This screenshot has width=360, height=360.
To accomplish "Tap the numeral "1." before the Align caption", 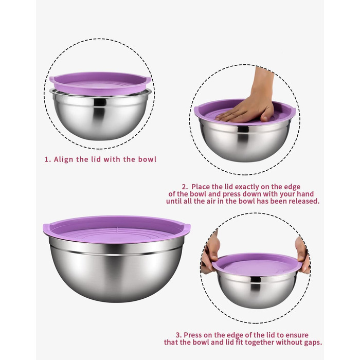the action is pyautogui.click(x=47, y=159).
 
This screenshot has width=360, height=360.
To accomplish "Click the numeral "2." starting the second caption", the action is pyautogui.click(x=185, y=187).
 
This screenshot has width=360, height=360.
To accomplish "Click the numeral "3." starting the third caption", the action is pyautogui.click(x=178, y=335).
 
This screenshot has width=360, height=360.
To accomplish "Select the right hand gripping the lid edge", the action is pyautogui.click(x=303, y=255).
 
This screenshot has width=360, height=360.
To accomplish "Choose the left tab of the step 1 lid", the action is pyautogui.click(x=52, y=80).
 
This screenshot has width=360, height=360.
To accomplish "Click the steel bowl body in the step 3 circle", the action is pyautogui.click(x=257, y=291).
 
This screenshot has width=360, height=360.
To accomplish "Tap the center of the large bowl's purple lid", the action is pyautogui.click(x=117, y=230).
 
